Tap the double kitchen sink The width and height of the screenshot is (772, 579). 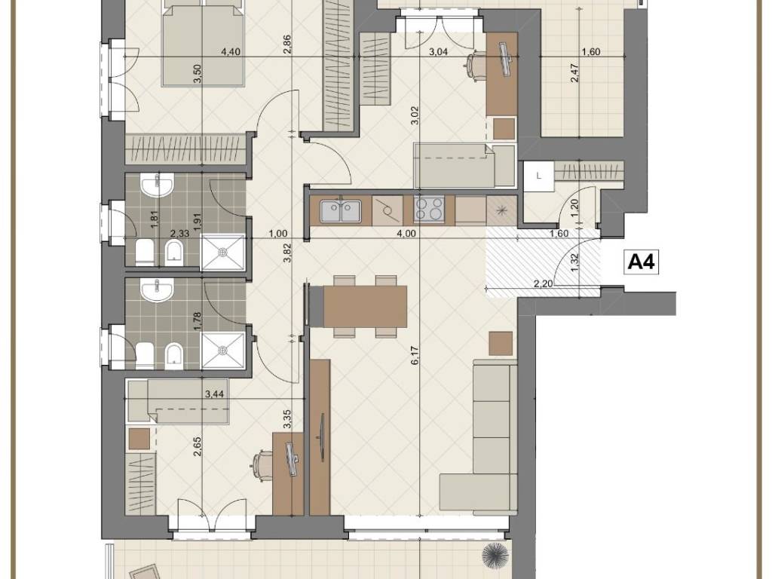pyautogui.click(x=340, y=211)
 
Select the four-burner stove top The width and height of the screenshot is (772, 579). pyautogui.click(x=428, y=209)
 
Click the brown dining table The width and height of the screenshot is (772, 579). pyautogui.click(x=365, y=306)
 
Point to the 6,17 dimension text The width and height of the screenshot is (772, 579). pyautogui.click(x=415, y=355)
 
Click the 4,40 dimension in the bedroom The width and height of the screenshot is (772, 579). pyautogui.click(x=231, y=52)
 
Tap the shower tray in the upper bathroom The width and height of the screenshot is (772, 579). pyautogui.click(x=223, y=252)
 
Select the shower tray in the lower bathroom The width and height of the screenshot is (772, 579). pyautogui.click(x=223, y=350)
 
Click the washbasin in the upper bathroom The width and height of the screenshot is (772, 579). pyautogui.click(x=157, y=185)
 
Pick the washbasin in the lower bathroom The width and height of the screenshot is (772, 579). pyautogui.click(x=157, y=290)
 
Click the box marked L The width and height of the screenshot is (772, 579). pyautogui.click(x=539, y=175)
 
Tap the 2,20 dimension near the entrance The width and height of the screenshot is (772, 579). pyautogui.click(x=543, y=283)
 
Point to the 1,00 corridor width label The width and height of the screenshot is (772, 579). pyautogui.click(x=278, y=234)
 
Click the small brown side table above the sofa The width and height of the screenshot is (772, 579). pyautogui.click(x=501, y=343)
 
